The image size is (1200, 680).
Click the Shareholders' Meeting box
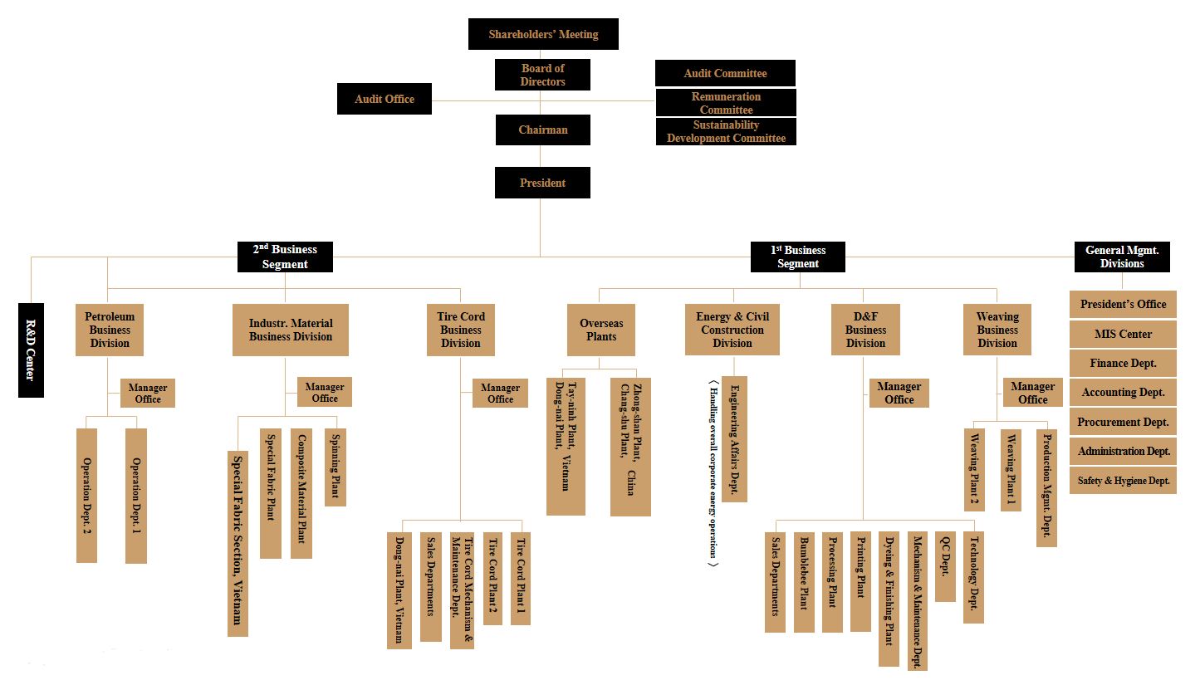click(543, 34)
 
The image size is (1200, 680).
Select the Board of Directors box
click(542, 75)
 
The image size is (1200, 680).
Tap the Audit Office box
click(384, 99)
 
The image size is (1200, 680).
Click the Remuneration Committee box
click(726, 103)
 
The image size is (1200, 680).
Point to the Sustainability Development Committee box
click(726, 131)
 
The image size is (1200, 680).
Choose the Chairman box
click(542, 130)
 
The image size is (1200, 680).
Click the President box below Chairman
click(542, 183)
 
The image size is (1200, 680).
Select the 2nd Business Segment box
click(285, 257)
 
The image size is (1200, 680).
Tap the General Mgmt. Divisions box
click(1122, 257)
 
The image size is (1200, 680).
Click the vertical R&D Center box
click(31, 350)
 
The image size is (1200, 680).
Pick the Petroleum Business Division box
click(110, 330)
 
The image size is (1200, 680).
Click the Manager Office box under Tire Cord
click(500, 393)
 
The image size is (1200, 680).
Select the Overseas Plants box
click(601, 330)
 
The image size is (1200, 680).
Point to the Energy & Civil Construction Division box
click(732, 330)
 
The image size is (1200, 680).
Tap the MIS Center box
click(1123, 334)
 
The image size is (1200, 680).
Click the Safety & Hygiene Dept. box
click(1123, 480)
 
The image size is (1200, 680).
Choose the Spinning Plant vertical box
click(336, 467)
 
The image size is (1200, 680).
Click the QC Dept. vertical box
click(945, 566)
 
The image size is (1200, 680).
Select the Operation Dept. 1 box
click(136, 496)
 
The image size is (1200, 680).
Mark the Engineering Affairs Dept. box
click(734, 439)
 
